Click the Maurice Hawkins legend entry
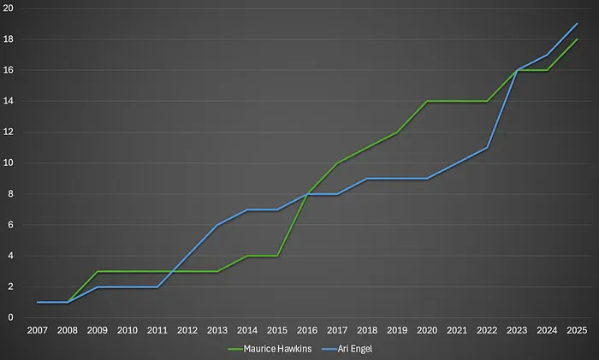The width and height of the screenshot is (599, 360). [x=271, y=349]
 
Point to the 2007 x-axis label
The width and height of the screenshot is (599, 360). [x=38, y=330]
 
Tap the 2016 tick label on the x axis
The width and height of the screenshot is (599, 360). [x=308, y=330]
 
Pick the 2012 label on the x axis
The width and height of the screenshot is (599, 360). [x=187, y=330]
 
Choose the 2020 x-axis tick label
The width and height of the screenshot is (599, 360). [x=428, y=330]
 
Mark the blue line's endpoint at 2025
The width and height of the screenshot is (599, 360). [x=578, y=24]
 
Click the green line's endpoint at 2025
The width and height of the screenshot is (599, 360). [x=578, y=39]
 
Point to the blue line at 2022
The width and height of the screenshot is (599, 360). [x=488, y=147]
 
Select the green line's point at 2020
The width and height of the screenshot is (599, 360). [x=428, y=101]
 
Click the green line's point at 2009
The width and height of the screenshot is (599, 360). [x=98, y=271]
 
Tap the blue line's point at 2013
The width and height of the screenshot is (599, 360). [x=217, y=225]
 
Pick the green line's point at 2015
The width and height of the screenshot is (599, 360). [x=277, y=256]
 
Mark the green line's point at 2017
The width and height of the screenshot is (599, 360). [x=338, y=163]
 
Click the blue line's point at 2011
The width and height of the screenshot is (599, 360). [x=157, y=286]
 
